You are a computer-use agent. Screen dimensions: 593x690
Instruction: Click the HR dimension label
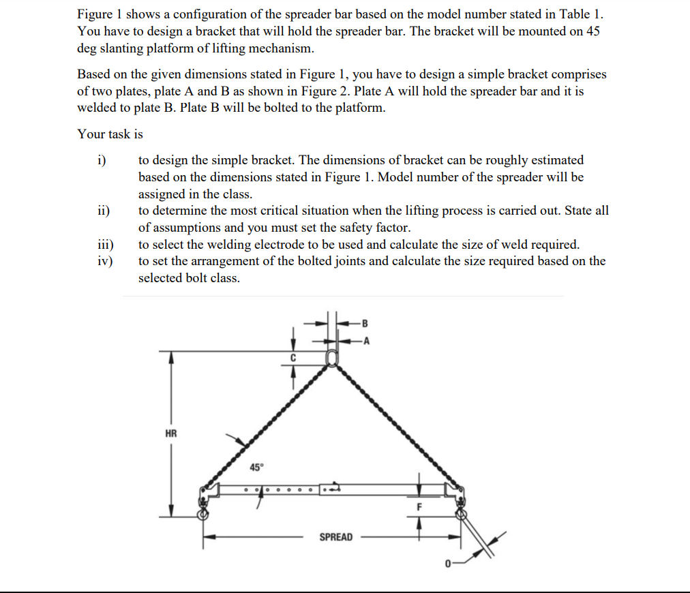[x=170, y=433]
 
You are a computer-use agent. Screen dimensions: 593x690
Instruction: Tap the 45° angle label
[x=256, y=468]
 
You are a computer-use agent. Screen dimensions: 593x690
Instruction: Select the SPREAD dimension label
[x=336, y=537]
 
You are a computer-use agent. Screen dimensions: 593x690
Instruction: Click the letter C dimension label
[x=293, y=357]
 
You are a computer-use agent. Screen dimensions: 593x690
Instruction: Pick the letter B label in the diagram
[x=365, y=321]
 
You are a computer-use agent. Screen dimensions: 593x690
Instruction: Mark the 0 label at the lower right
[x=448, y=564]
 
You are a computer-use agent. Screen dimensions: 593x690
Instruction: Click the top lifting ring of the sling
[x=332, y=359]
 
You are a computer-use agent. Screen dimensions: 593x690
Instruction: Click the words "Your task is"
[x=110, y=134]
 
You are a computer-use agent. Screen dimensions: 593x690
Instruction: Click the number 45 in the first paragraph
[x=592, y=31]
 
